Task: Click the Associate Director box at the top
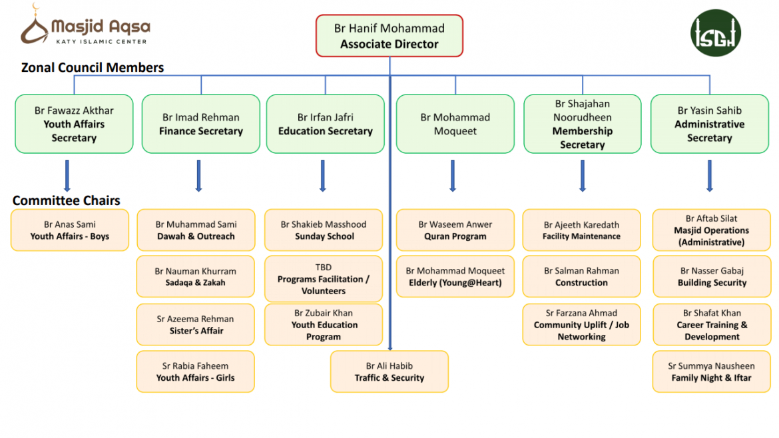click(389, 36)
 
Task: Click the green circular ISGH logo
click(715, 33)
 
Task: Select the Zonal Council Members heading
click(93, 67)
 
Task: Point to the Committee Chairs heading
click(67, 200)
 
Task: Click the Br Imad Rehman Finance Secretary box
click(200, 124)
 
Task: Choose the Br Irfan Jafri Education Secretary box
click(325, 124)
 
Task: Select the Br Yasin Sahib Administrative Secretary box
click(709, 124)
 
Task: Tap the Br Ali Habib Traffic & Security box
click(389, 371)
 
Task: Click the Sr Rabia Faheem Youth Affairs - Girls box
click(195, 371)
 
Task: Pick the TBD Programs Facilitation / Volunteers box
click(324, 279)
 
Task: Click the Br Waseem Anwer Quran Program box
click(455, 230)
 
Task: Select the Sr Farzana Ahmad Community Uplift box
click(581, 325)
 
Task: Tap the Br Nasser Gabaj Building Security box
click(712, 277)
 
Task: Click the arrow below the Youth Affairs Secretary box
click(67, 175)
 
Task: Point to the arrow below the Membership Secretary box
click(583, 175)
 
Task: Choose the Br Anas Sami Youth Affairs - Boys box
click(69, 230)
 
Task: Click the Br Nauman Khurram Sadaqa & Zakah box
click(195, 277)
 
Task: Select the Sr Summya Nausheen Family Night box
click(711, 371)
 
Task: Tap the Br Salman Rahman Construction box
click(581, 277)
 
